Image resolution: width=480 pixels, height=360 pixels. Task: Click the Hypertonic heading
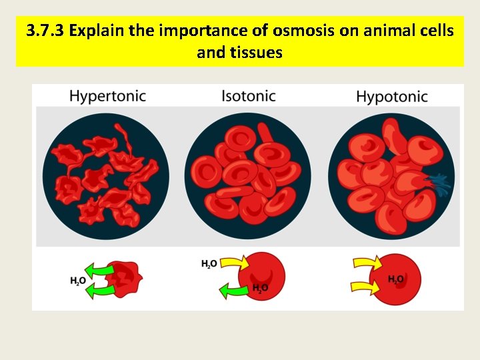pyautogui.click(x=107, y=96)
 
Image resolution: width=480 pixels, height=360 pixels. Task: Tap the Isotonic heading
pyautogui.click(x=248, y=96)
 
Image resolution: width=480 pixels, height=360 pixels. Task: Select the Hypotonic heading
pyautogui.click(x=392, y=97)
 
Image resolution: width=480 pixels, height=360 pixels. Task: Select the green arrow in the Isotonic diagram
pyautogui.click(x=233, y=290)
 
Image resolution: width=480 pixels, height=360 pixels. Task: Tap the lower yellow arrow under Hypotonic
pyautogui.click(x=366, y=287)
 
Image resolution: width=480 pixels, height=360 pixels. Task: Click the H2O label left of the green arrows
pyautogui.click(x=77, y=281)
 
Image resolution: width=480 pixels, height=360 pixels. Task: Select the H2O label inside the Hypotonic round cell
pyautogui.click(x=396, y=279)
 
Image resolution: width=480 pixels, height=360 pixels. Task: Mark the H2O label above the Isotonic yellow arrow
pyautogui.click(x=209, y=264)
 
